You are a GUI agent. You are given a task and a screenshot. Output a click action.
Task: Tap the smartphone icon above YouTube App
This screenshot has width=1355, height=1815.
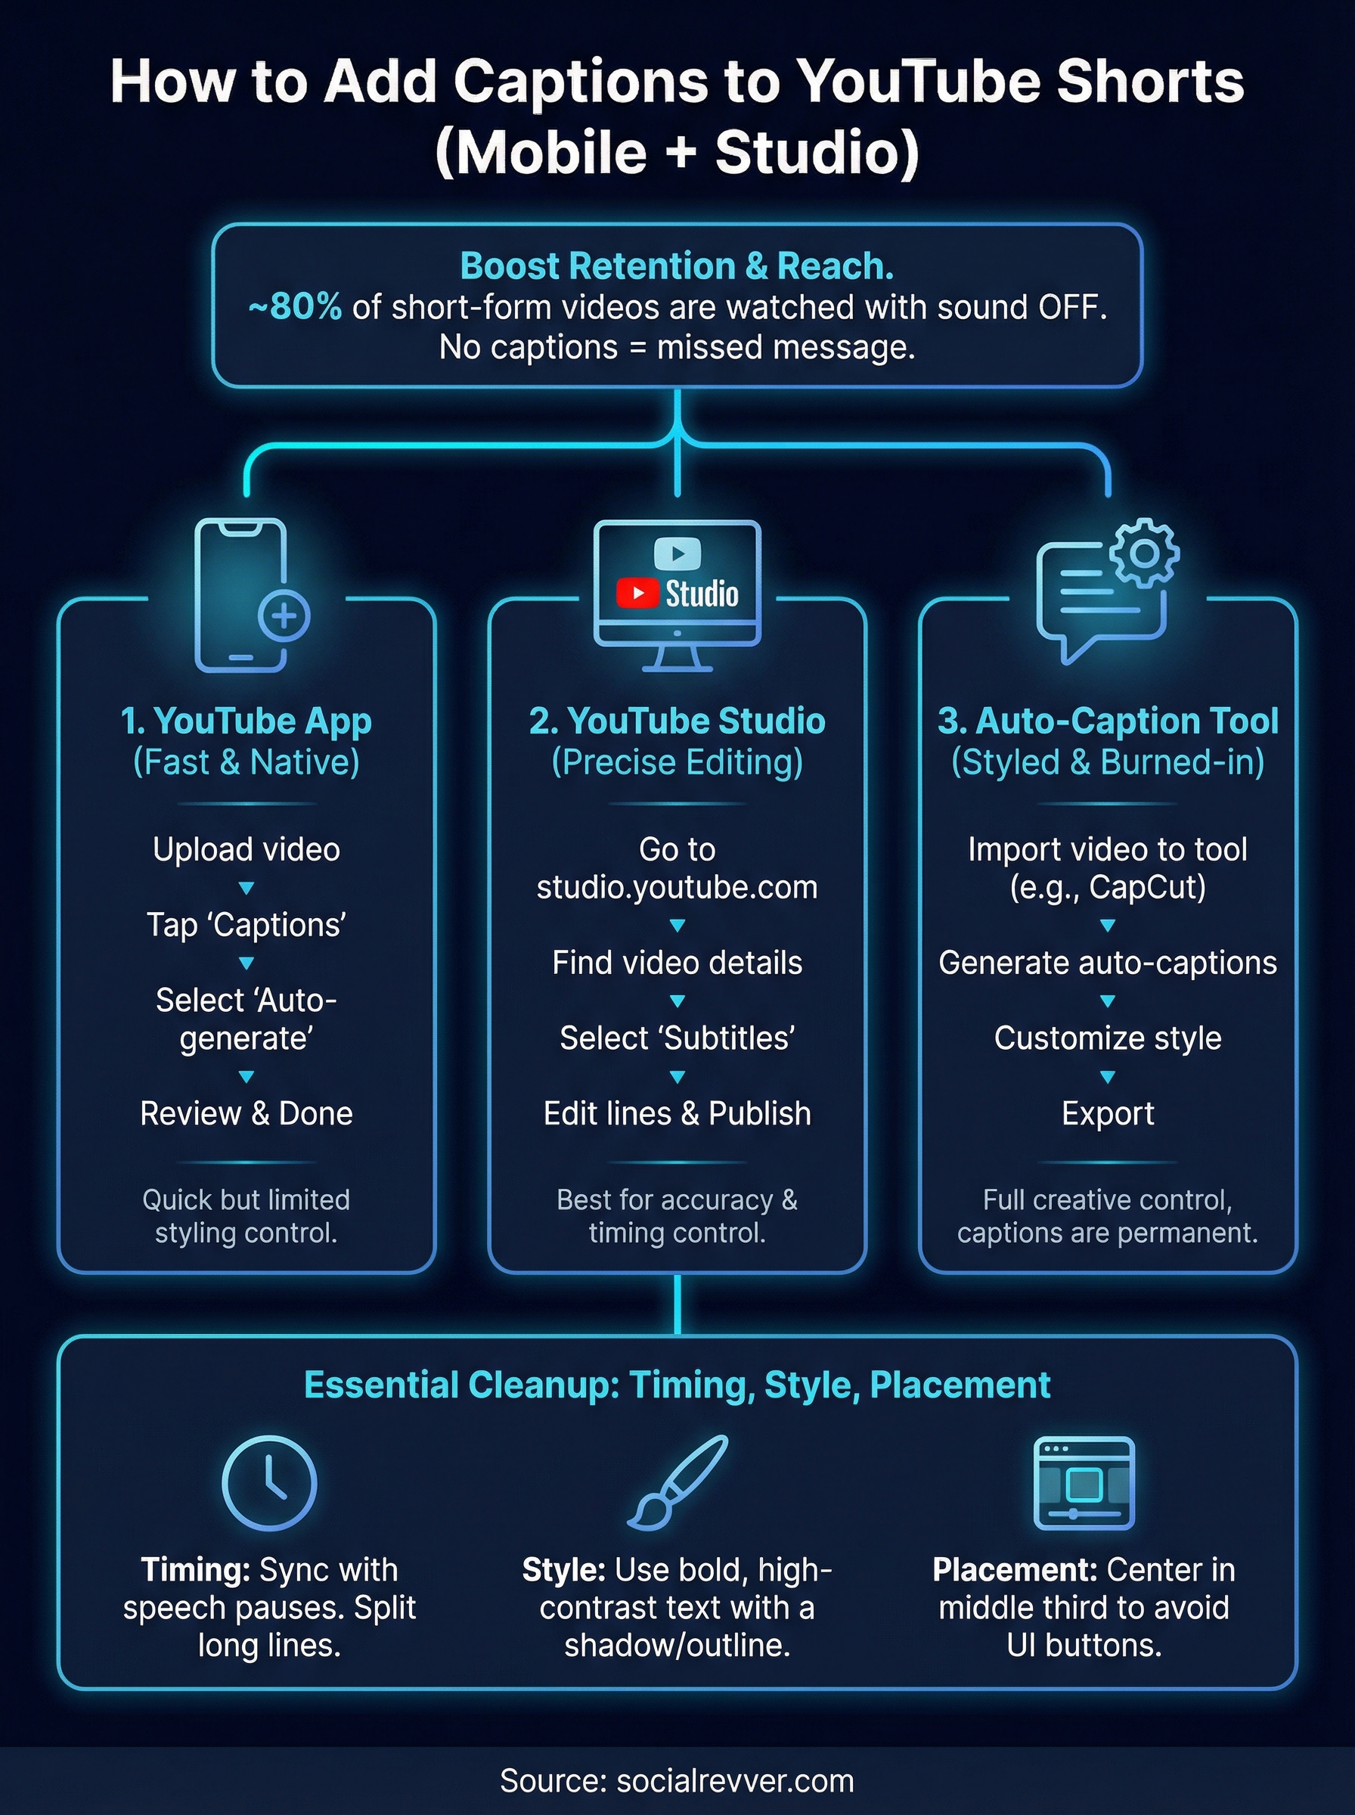pyautogui.click(x=240, y=594)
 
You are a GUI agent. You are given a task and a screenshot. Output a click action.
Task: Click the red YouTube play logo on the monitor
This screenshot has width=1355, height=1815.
pyautogui.click(x=637, y=593)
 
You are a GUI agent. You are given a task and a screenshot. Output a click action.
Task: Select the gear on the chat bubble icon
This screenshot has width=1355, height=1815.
pyautogui.click(x=1144, y=553)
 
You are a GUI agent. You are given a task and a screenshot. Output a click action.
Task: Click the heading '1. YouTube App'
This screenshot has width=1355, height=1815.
pyautogui.click(x=246, y=721)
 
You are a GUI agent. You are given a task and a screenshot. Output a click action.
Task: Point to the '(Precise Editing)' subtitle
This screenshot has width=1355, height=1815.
pyautogui.click(x=677, y=762)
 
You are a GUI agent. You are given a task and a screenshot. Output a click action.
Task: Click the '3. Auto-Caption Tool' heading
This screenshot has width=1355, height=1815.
pyautogui.click(x=1107, y=721)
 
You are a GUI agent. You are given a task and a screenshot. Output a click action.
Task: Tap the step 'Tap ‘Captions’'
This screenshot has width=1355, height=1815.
pyautogui.click(x=246, y=924)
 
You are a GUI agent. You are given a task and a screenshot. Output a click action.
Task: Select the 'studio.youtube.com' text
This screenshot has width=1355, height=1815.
pyautogui.click(x=677, y=887)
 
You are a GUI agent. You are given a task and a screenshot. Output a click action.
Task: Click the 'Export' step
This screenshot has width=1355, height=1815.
pyautogui.click(x=1107, y=1113)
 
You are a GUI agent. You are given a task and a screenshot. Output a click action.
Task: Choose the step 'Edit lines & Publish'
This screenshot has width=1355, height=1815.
pyautogui.click(x=677, y=1113)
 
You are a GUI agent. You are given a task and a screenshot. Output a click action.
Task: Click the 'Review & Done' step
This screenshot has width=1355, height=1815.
pyautogui.click(x=246, y=1113)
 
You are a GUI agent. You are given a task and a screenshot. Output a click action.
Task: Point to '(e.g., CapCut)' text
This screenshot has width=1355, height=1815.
pyautogui.click(x=1107, y=887)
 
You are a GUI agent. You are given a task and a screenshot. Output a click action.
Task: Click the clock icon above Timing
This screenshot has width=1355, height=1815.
pyautogui.click(x=269, y=1483)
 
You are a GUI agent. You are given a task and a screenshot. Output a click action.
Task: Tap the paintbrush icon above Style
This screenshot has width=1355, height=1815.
pyautogui.click(x=677, y=1483)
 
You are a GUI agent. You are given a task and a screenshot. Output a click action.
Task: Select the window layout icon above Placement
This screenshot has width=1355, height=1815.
pyautogui.click(x=1084, y=1483)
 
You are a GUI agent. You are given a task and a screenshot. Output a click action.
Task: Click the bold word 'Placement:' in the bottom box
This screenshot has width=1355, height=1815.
pyautogui.click(x=1015, y=1570)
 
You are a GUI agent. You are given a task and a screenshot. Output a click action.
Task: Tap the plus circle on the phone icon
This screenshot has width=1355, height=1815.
pyautogui.click(x=284, y=616)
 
